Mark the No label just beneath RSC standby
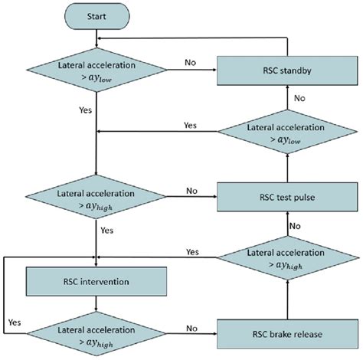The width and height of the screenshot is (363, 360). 301,98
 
